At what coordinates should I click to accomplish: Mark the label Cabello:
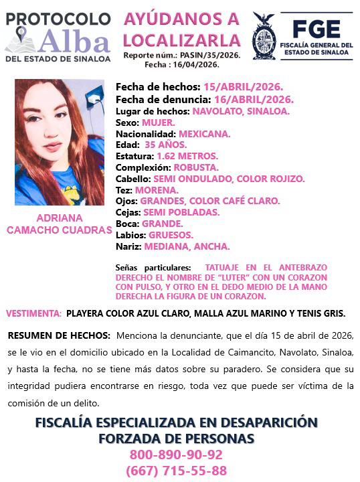point(133,179)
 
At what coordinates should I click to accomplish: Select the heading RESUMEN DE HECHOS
point(59,335)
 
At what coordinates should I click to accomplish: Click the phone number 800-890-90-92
point(176,455)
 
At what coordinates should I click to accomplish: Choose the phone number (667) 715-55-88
point(176,470)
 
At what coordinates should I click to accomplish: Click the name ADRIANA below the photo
point(59,218)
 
